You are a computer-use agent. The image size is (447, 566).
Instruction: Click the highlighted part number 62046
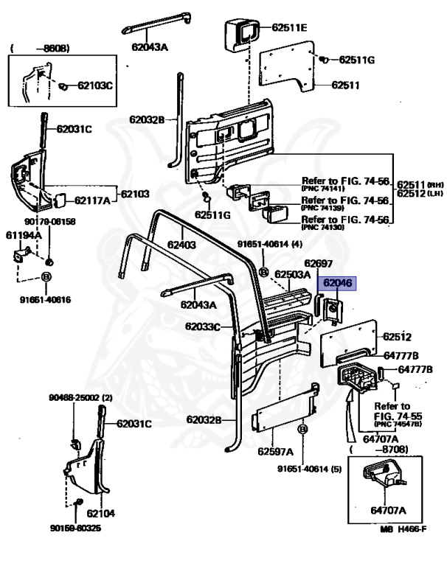(336, 282)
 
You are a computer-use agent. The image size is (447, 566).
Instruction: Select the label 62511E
(289, 28)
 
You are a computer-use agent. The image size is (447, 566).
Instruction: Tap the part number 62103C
(95, 85)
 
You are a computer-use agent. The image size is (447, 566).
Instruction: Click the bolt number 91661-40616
(45, 300)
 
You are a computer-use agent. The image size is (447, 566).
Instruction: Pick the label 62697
(319, 263)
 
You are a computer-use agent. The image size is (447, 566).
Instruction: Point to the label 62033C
(203, 326)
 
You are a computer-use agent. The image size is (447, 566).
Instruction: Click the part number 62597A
(276, 451)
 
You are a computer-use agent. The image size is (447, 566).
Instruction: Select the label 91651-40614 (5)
(311, 468)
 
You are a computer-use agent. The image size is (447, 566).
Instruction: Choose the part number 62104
(100, 513)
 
